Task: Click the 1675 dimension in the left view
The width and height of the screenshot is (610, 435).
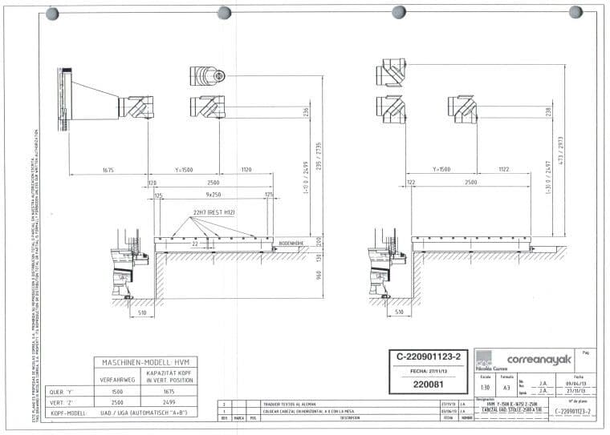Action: coord(108,171)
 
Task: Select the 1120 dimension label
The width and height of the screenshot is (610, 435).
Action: coord(246,171)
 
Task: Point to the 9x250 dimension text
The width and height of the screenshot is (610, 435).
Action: coord(213,195)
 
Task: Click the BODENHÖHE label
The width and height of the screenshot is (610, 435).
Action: coord(290,242)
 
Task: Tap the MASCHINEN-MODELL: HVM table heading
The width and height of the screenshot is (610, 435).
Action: coord(145,363)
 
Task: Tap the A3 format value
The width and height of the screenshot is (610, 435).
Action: coord(506,387)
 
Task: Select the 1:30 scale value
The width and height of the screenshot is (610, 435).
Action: coord(484,387)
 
